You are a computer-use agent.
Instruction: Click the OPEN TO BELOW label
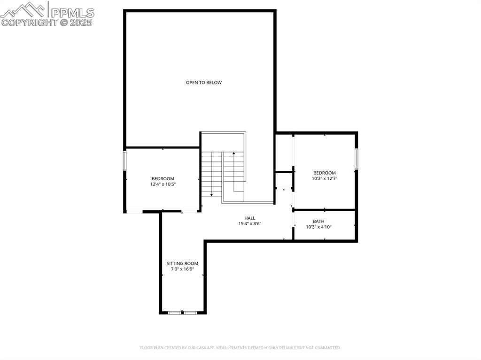[x=203, y=83]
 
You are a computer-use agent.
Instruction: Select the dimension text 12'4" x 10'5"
[x=163, y=184]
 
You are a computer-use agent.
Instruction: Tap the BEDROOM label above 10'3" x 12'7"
[x=324, y=173]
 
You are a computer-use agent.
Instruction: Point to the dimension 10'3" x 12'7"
[x=324, y=179]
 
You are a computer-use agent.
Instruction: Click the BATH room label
[x=318, y=222]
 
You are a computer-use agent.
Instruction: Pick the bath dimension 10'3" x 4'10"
[x=318, y=227]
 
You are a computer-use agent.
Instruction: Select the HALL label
[x=249, y=218]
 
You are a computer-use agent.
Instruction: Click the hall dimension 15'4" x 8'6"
[x=249, y=224]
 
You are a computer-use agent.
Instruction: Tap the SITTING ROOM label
[x=182, y=264]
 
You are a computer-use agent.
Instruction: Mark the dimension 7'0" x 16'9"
[x=182, y=269]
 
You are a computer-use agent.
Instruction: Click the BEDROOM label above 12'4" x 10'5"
[x=163, y=178]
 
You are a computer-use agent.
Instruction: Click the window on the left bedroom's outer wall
[x=124, y=160]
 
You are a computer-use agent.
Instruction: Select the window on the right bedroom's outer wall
[x=357, y=159]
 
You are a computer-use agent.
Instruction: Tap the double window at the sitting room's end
[x=183, y=312]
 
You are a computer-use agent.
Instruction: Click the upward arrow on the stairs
[x=233, y=153]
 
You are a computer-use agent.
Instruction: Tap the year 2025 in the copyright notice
[x=82, y=23]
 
